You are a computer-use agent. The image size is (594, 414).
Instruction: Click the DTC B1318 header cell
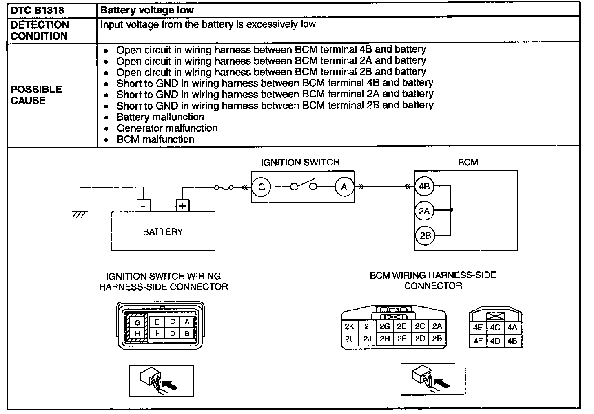click(x=38, y=10)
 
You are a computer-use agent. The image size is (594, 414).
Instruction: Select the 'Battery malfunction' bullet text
click(x=160, y=117)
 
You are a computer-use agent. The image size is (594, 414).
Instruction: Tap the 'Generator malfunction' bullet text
click(x=167, y=128)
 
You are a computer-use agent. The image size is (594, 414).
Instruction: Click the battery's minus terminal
click(x=143, y=206)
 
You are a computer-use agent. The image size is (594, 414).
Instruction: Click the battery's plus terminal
click(x=182, y=206)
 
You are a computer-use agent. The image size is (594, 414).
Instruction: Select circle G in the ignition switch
click(x=262, y=187)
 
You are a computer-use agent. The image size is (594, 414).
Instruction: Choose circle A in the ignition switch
click(x=344, y=187)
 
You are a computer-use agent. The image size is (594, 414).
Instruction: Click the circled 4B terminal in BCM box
click(x=424, y=187)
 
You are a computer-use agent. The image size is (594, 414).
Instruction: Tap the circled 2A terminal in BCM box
click(x=424, y=211)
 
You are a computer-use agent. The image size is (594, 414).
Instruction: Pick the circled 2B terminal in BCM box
click(x=425, y=236)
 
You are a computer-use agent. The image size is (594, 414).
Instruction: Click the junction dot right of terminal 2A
click(x=451, y=211)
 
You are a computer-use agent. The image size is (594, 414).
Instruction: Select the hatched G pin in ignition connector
click(x=137, y=322)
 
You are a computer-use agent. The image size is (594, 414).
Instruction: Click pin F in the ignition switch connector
click(x=157, y=333)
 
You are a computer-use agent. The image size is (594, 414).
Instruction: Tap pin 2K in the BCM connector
click(x=350, y=326)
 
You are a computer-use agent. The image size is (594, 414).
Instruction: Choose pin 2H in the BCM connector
click(x=385, y=338)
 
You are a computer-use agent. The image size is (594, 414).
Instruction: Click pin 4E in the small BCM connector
click(x=478, y=328)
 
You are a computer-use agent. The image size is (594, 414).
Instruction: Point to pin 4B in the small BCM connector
click(x=512, y=341)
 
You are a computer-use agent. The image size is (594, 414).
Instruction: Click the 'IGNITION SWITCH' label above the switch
click(x=300, y=162)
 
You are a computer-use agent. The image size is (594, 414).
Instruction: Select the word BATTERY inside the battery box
click(x=163, y=232)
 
